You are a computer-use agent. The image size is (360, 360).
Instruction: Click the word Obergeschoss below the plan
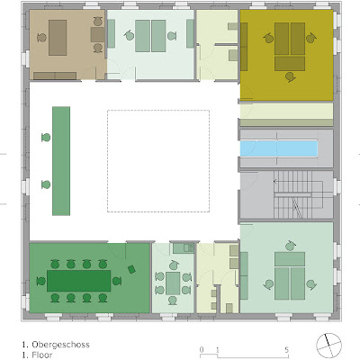click(x=60, y=345)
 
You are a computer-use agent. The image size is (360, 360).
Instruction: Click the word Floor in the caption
click(x=42, y=355)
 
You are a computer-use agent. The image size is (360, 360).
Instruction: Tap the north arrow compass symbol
click(x=328, y=346)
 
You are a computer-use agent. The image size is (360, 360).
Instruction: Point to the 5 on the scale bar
click(x=287, y=350)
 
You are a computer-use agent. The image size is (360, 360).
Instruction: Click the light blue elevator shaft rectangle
click(x=279, y=148)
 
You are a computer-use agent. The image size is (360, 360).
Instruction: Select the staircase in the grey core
click(x=298, y=194)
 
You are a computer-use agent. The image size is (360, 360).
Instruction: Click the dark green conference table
click(x=79, y=281)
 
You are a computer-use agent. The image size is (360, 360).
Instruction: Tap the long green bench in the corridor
click(x=61, y=161)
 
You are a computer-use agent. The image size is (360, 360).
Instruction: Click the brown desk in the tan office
click(x=58, y=38)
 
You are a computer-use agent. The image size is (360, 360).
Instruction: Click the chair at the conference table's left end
click(x=41, y=281)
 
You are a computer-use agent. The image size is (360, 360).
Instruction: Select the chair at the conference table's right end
click(x=117, y=281)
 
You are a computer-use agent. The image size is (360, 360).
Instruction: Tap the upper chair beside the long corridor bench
click(x=46, y=138)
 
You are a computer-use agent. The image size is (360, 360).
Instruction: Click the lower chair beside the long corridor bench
click(x=46, y=184)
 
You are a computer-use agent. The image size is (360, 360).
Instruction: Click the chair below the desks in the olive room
click(x=290, y=77)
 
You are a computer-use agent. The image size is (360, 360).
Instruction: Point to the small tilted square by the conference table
click(x=131, y=269)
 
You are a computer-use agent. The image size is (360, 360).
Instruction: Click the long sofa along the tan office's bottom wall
click(x=55, y=76)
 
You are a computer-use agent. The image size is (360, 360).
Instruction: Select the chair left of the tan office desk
click(x=42, y=38)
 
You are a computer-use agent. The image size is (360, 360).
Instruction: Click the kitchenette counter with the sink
click(x=184, y=248)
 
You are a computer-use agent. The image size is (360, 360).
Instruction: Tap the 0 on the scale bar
click(x=202, y=350)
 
